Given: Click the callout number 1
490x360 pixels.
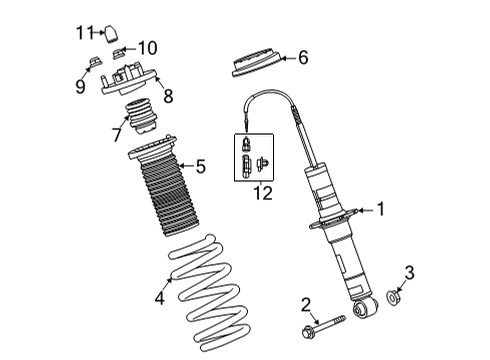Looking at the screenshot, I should tap(380, 209).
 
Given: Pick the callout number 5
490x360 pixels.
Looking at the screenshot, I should tap(200, 165).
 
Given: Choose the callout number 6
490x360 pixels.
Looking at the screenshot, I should tap(303, 58).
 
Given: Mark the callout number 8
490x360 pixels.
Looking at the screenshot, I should tap(168, 96).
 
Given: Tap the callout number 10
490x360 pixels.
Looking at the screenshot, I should tap(148, 47).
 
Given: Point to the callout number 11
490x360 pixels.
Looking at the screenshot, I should tap(84, 31).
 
